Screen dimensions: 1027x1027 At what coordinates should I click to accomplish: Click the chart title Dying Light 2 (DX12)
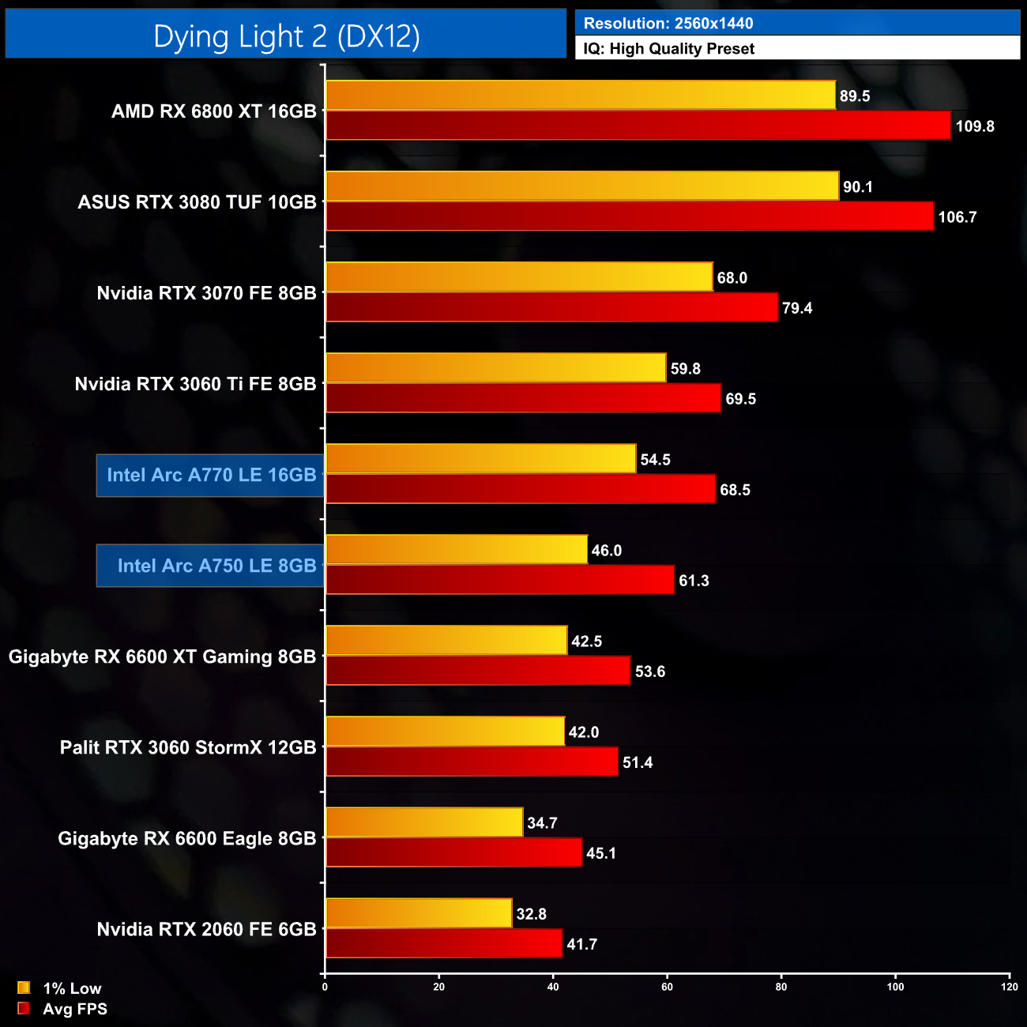click(x=286, y=36)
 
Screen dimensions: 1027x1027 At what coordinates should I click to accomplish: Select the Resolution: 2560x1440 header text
click(x=668, y=24)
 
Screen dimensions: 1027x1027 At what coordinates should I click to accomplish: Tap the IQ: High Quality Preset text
click(x=668, y=49)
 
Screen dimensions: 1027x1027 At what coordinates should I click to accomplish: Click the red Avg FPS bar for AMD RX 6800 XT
click(x=638, y=126)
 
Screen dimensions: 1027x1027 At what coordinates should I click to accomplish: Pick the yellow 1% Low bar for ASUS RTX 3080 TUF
click(x=582, y=186)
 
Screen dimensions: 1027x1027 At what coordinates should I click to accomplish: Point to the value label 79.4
click(x=797, y=308)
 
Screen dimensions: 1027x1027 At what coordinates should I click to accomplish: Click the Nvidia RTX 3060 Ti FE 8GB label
click(x=195, y=384)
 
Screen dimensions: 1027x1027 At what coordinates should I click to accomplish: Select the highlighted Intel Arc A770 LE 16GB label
click(x=211, y=475)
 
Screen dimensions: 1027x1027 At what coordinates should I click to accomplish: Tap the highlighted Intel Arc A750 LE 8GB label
click(x=216, y=566)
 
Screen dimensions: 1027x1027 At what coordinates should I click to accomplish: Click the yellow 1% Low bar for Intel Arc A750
click(x=457, y=550)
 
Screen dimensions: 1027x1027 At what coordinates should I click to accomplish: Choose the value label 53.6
click(x=650, y=671)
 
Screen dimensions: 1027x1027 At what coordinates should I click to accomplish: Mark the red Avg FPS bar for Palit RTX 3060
click(x=472, y=762)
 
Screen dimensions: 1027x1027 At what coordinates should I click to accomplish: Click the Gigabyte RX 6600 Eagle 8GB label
click(x=186, y=838)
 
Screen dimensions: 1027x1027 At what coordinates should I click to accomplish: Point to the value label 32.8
click(x=532, y=914)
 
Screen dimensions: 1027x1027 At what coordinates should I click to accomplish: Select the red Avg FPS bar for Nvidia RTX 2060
click(x=444, y=944)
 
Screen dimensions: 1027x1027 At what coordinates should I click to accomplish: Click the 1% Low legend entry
click(x=71, y=988)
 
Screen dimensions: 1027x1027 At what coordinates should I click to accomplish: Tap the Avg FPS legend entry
click(x=74, y=1009)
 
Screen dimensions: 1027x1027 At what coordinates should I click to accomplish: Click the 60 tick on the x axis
click(x=668, y=987)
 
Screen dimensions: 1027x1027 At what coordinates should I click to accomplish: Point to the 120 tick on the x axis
click(x=1009, y=987)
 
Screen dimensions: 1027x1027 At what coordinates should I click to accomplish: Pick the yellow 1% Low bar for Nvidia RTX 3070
click(x=519, y=277)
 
